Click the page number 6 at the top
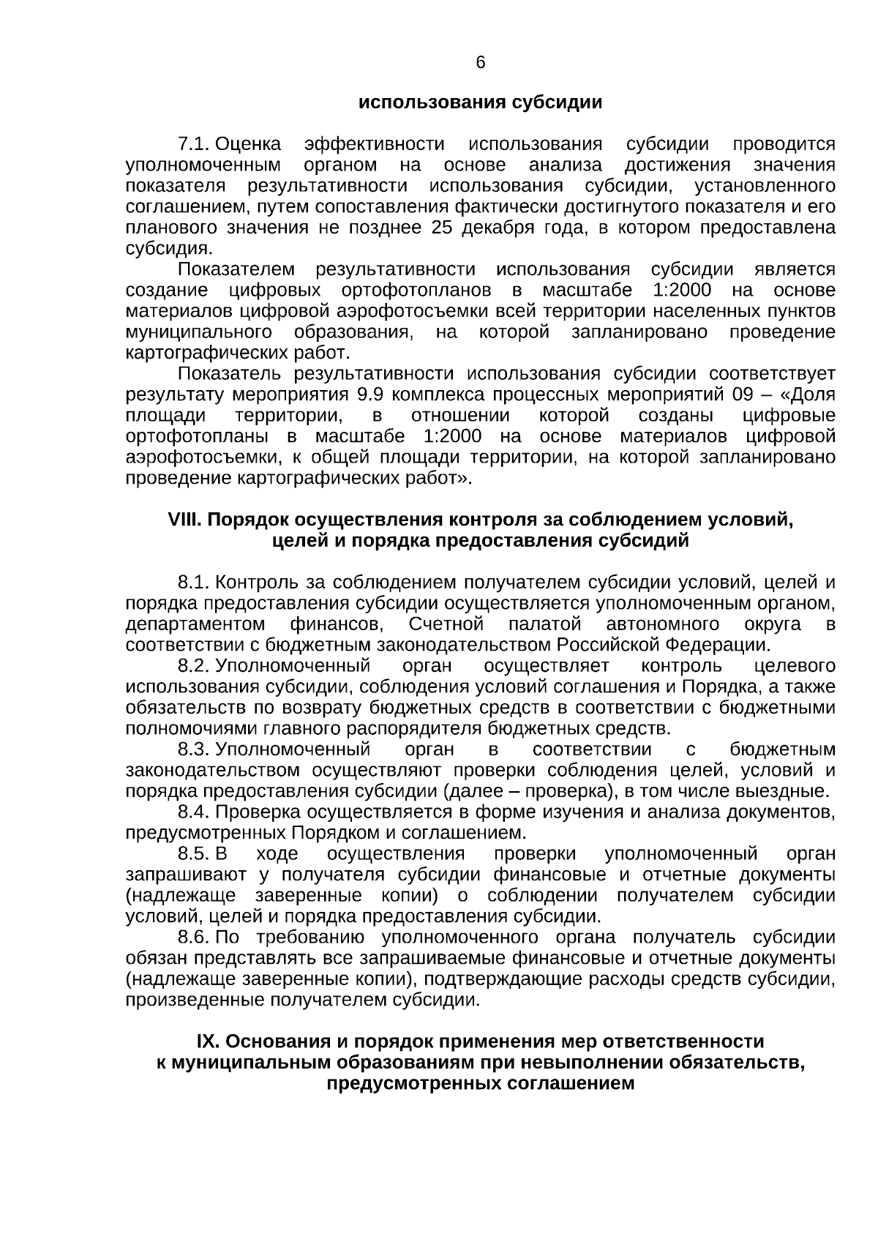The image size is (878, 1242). [481, 63]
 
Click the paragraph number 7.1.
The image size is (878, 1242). [195, 143]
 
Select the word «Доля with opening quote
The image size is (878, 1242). [808, 395]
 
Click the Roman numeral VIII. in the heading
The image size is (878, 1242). [185, 520]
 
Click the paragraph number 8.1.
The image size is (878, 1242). [195, 583]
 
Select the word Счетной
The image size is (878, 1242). [446, 624]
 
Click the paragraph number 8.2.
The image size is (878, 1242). [195, 666]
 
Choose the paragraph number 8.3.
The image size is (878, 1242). [195, 749]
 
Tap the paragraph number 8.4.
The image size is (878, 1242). [195, 812]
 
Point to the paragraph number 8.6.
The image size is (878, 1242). [195, 938]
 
